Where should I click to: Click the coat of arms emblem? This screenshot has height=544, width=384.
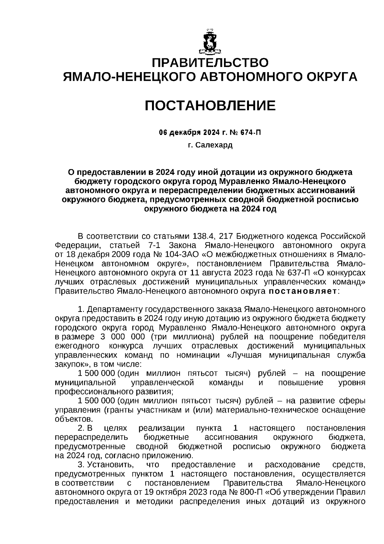(x=210, y=42)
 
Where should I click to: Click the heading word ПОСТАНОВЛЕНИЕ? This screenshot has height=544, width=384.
(x=210, y=105)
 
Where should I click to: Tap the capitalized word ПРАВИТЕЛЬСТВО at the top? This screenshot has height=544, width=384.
(x=210, y=63)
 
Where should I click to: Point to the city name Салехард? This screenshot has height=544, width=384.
(x=214, y=145)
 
